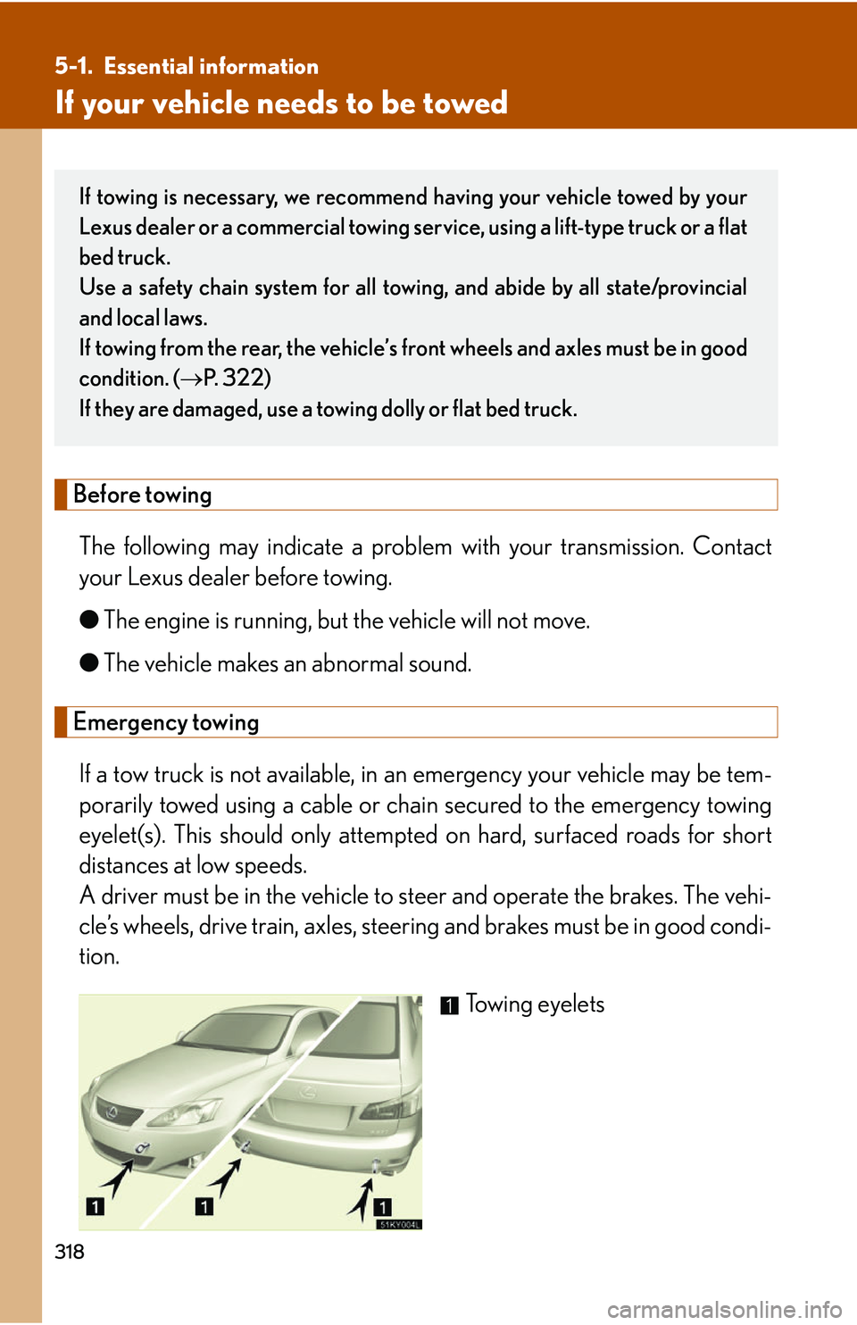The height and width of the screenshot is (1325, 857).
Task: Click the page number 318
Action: [x=70, y=1252]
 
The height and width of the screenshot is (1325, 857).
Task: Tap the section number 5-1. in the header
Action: [x=73, y=67]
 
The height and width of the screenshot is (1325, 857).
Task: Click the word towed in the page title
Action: [x=464, y=104]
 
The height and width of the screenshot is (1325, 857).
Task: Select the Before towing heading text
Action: [x=143, y=495]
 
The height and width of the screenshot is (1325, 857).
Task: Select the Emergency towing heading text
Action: [x=166, y=722]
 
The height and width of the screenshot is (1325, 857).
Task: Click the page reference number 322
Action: [x=245, y=379]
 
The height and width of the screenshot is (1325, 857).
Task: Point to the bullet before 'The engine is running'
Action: [x=88, y=621]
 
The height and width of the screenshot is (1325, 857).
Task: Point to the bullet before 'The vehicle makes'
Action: [x=88, y=663]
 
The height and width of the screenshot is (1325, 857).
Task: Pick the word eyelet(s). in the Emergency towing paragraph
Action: [x=121, y=836]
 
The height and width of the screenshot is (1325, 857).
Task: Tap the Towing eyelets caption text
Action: [x=535, y=1004]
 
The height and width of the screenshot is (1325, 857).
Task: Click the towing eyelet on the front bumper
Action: [x=141, y=1148]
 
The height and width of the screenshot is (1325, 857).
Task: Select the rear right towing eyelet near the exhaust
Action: [x=377, y=1165]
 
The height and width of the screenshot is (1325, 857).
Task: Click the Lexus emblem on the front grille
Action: [x=112, y=1112]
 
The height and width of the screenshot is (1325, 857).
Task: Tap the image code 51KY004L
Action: [x=398, y=1224]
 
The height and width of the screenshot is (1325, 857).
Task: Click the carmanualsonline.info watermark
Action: [x=724, y=1309]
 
